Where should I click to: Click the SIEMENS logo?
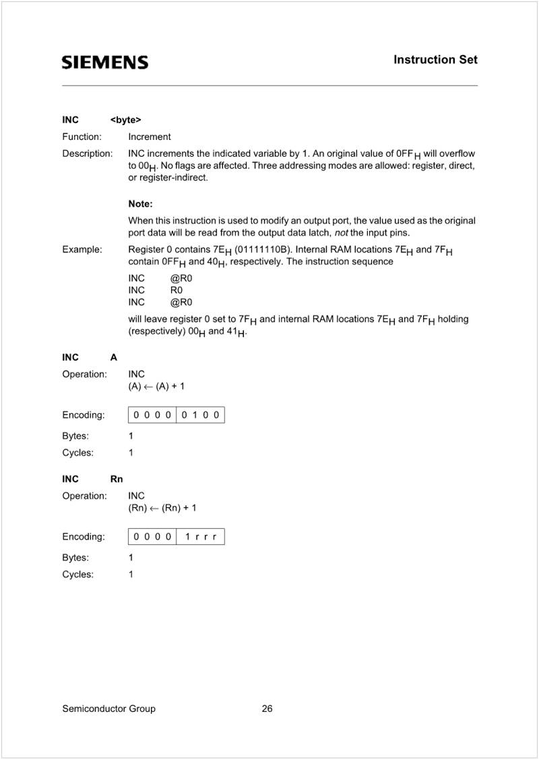tap(105, 63)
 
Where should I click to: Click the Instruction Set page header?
tap(435, 60)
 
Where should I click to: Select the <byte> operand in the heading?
tap(125, 120)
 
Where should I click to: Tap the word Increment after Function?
tap(150, 137)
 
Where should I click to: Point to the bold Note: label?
tap(140, 203)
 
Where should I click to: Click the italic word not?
tap(341, 233)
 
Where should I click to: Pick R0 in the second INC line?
tap(177, 289)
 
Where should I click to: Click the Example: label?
tap(82, 250)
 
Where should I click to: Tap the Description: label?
tap(87, 153)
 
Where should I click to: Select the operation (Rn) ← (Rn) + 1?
tap(162, 508)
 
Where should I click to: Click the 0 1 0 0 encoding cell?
tap(200, 415)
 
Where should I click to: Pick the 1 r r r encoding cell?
tap(200, 537)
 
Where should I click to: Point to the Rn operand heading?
tap(117, 479)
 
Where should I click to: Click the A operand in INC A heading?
tap(114, 357)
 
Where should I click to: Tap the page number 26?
tap(267, 709)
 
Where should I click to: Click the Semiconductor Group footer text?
tap(108, 709)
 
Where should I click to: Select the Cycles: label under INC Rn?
tap(77, 575)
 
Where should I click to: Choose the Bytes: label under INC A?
tap(75, 436)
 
